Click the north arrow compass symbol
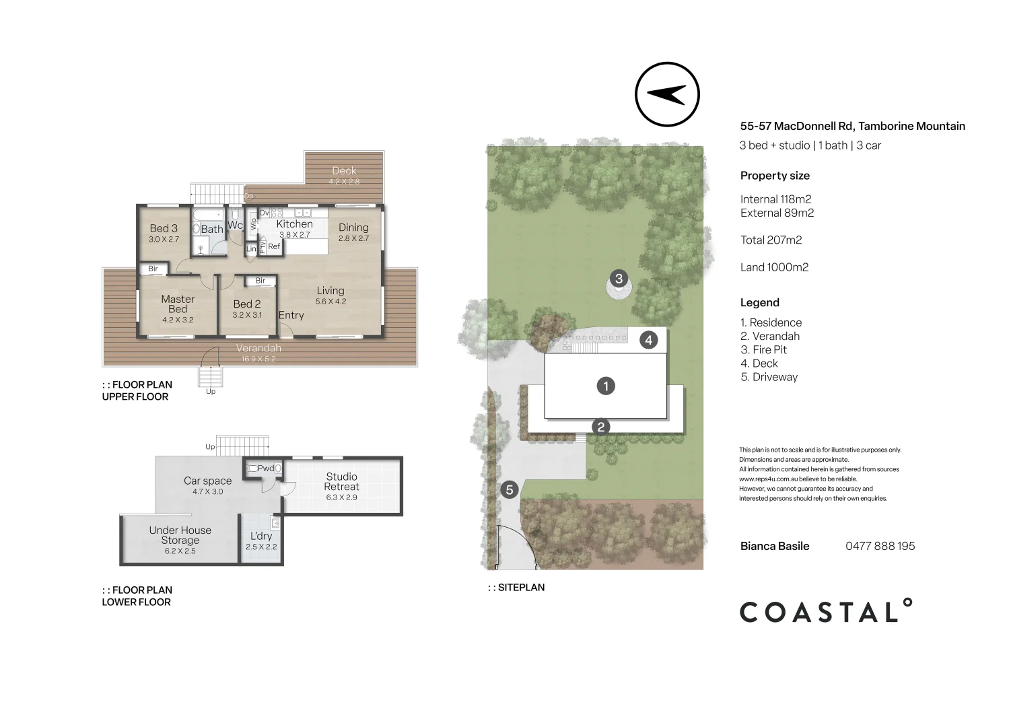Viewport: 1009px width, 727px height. [x=667, y=95]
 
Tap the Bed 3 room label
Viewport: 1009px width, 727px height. [x=164, y=233]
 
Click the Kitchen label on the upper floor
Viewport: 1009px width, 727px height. [x=294, y=228]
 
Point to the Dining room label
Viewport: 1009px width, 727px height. [x=353, y=232]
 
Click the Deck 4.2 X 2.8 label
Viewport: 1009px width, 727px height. [x=344, y=175]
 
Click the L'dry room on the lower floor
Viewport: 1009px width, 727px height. [x=261, y=540]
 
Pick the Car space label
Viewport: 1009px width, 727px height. [x=207, y=485]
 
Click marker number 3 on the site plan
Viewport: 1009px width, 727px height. [x=619, y=278]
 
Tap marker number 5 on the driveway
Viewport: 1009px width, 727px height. [x=509, y=489]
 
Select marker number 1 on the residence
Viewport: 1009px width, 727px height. [x=606, y=386]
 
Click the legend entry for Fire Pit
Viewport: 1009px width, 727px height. [x=763, y=350]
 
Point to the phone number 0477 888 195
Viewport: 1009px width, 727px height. [x=880, y=546]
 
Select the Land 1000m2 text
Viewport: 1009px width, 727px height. [x=774, y=267]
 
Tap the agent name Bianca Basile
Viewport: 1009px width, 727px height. [x=775, y=546]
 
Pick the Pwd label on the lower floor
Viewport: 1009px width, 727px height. [x=265, y=468]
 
